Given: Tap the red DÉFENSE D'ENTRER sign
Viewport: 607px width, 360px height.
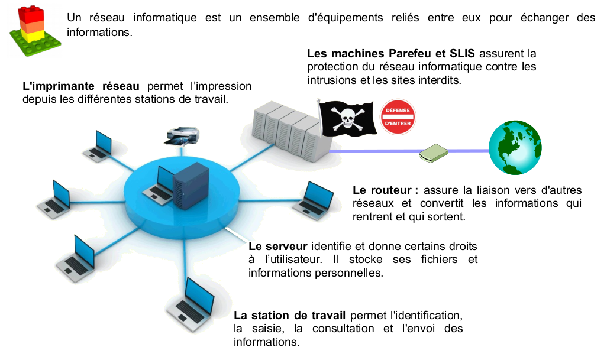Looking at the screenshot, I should pos(398,117).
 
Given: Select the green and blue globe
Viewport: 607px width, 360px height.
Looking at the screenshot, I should pos(515,148).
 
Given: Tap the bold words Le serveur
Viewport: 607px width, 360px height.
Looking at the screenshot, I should pos(277,246).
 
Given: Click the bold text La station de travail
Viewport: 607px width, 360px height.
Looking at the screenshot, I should pos(291,315).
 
